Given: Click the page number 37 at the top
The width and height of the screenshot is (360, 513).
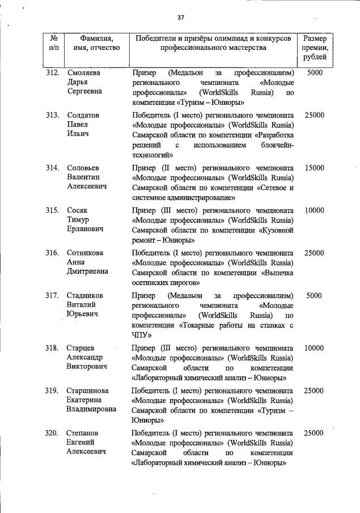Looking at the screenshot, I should (x=181, y=18).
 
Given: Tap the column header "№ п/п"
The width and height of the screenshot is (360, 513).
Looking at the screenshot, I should (x=54, y=43).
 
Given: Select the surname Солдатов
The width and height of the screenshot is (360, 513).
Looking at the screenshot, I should (x=83, y=115).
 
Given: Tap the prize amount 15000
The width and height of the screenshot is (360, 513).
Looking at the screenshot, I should (x=314, y=168).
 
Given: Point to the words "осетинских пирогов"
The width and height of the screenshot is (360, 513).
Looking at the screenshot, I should (x=165, y=282).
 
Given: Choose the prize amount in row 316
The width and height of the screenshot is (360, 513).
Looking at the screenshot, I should (x=314, y=253).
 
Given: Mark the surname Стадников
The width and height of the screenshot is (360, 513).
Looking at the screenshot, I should (x=86, y=295).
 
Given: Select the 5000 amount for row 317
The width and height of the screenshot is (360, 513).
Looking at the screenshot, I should (x=314, y=295).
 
